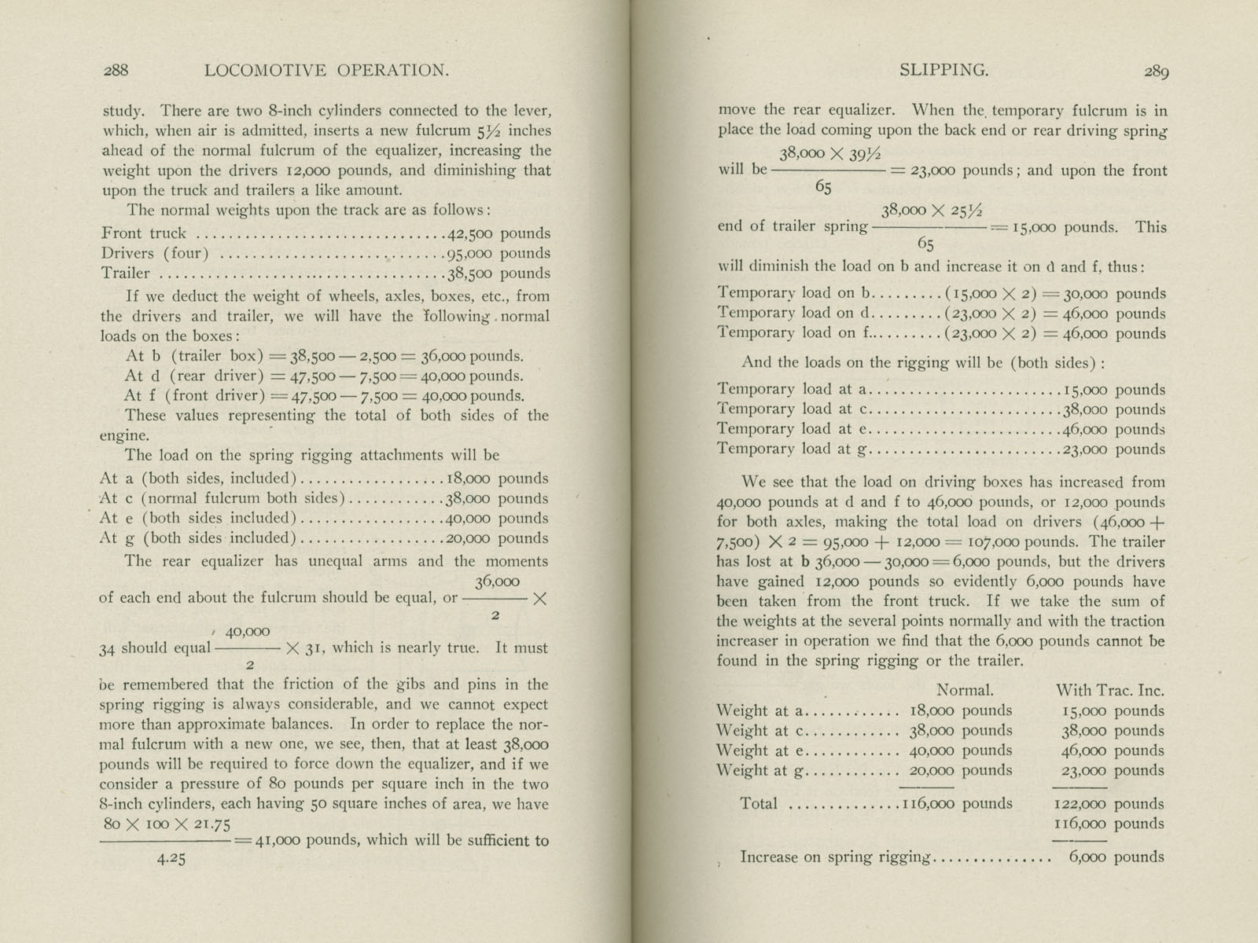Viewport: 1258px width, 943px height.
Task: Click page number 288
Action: coord(116,70)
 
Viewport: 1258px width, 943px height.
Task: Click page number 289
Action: coord(1156,72)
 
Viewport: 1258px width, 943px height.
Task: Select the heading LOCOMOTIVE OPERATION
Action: coord(326,70)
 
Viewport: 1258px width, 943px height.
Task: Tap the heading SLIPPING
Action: coord(943,70)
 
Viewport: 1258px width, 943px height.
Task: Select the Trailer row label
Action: coord(125,273)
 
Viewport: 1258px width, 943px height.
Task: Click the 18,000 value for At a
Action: coord(469,479)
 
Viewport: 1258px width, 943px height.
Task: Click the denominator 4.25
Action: coord(171,859)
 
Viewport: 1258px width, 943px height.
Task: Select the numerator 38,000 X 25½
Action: coord(932,211)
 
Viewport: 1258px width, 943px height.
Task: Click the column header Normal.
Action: coord(965,691)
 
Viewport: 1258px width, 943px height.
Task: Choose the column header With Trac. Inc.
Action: coord(1109,691)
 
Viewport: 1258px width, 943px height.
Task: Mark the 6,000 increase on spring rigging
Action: coord(1087,857)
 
